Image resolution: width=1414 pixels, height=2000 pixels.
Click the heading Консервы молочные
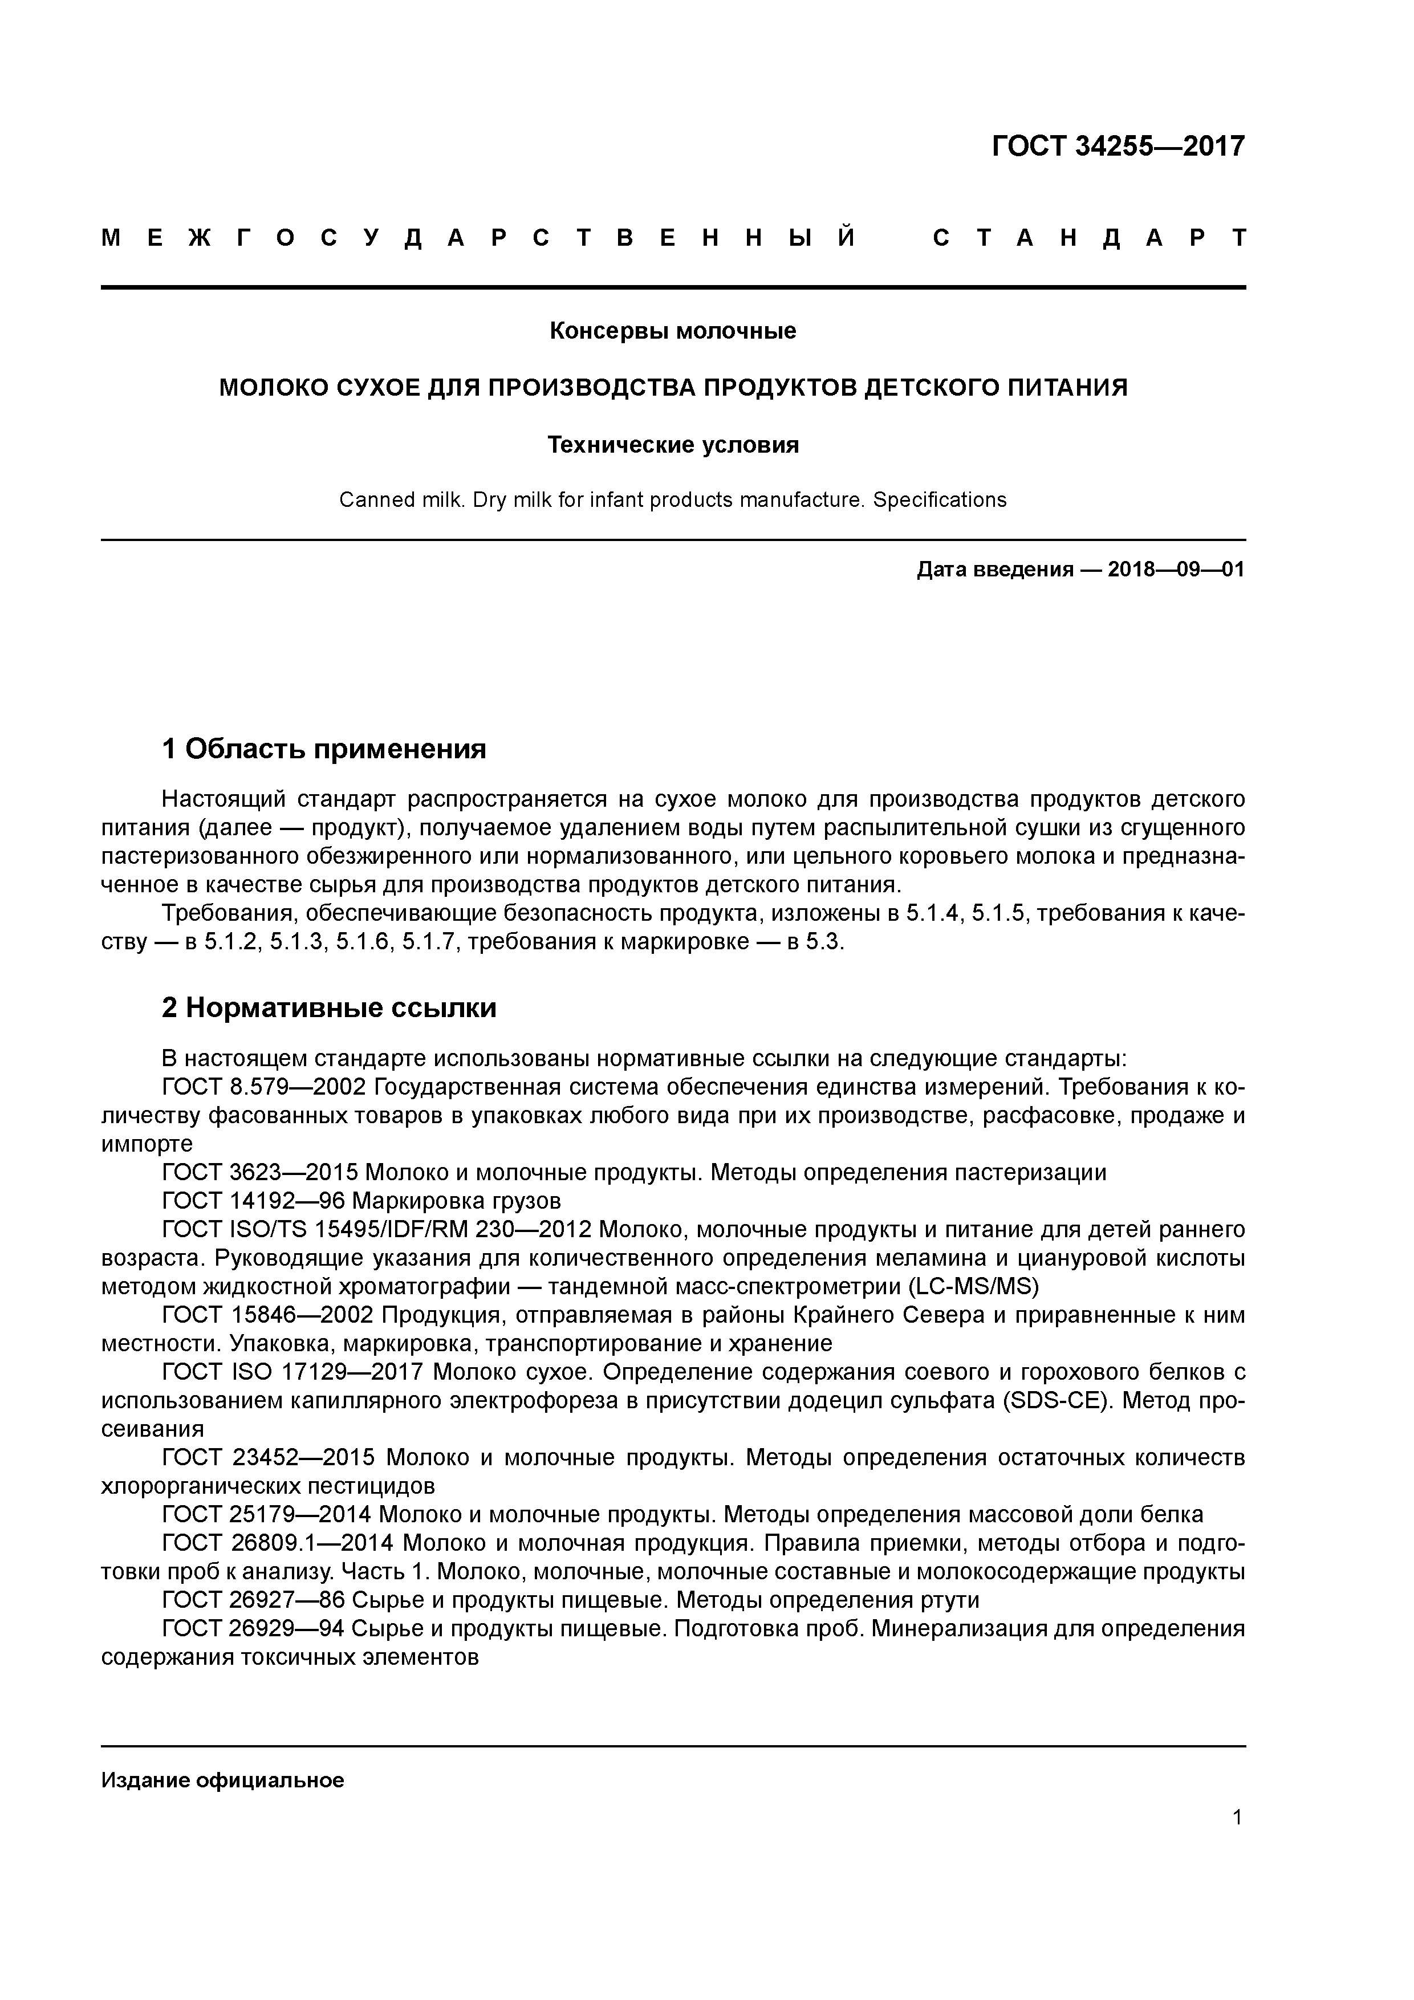point(673,331)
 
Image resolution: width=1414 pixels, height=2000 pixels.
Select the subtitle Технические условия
point(673,445)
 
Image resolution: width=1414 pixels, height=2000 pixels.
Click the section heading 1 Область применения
point(324,748)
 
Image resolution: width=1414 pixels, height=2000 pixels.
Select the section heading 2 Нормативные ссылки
point(330,1008)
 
